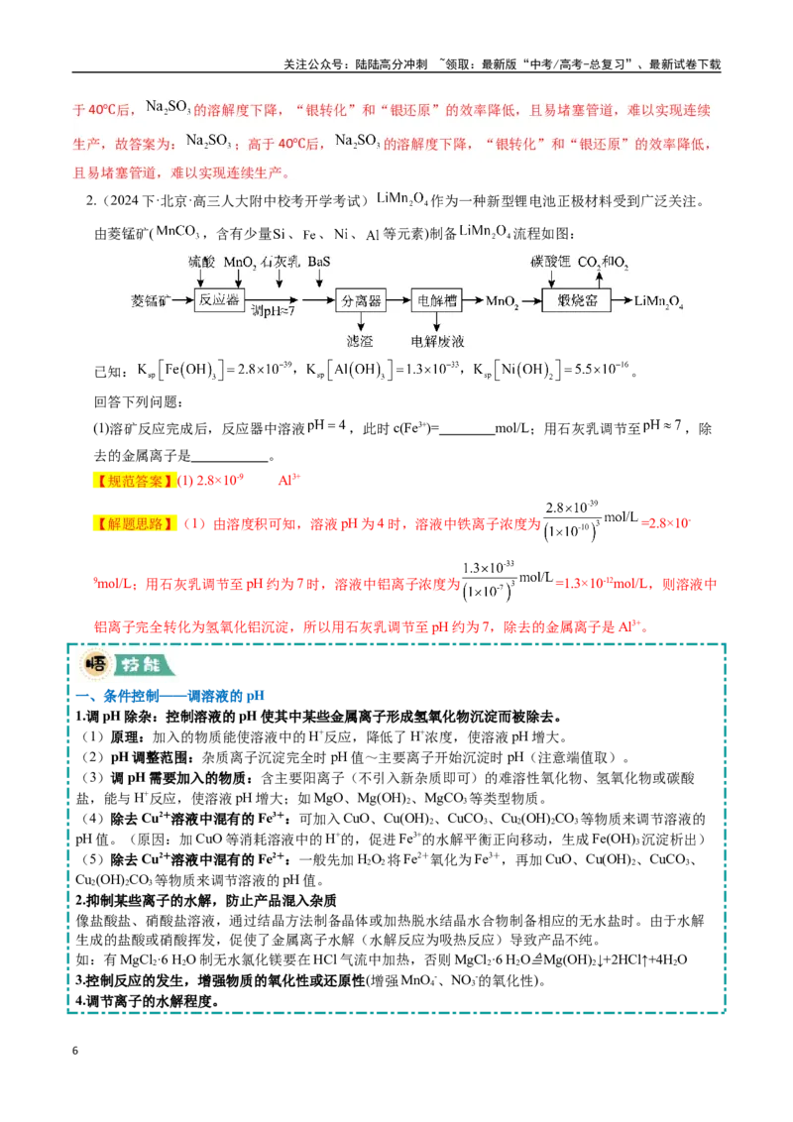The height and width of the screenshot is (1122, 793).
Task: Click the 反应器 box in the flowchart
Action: point(219,299)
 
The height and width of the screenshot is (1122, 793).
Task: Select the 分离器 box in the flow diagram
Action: point(362,300)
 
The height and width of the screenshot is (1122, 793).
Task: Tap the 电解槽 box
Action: point(436,300)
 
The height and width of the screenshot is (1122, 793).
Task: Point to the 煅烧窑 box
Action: point(578,300)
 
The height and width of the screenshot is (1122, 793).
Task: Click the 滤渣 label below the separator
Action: point(360,341)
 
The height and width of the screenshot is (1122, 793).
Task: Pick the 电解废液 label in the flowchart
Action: point(437,341)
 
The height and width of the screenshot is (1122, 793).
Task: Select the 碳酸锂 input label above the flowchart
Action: point(550,262)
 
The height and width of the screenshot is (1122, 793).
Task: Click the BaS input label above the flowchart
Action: point(319,262)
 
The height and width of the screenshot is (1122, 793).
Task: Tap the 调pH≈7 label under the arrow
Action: point(273,311)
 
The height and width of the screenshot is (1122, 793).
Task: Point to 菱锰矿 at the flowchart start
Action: point(151,300)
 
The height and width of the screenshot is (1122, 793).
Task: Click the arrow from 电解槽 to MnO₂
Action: point(473,300)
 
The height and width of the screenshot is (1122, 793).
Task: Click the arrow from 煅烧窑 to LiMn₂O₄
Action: point(623,300)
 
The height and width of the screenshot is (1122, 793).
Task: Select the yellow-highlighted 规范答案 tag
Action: point(134,480)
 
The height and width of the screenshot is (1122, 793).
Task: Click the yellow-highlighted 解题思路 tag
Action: point(134,523)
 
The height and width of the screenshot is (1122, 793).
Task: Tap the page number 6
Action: point(75,1051)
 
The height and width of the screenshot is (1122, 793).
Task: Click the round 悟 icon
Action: point(96,665)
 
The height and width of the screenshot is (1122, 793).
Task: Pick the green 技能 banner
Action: point(144,665)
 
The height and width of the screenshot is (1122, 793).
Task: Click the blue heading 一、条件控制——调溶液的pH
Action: point(170,696)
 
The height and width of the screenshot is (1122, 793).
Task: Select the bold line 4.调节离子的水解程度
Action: point(148,1001)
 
